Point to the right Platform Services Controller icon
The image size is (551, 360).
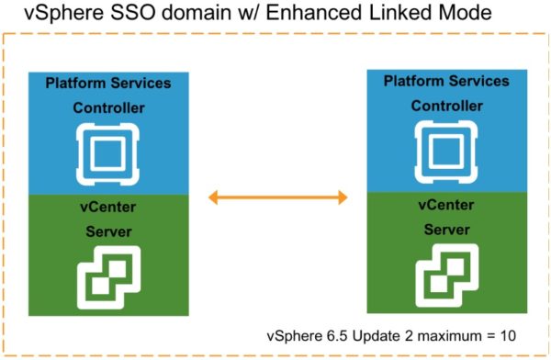click(x=433, y=148)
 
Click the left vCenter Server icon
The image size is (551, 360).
click(x=108, y=274)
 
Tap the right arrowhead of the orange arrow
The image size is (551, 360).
click(x=343, y=197)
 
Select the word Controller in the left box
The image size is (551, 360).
click(x=108, y=107)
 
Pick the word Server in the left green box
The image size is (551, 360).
click(x=108, y=234)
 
